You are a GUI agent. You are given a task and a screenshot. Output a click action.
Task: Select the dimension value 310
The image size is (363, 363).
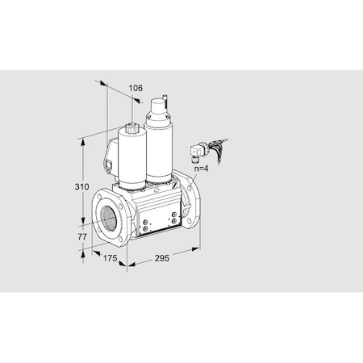click(71, 187)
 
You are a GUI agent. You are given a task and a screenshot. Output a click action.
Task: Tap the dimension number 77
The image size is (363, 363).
click(72, 238)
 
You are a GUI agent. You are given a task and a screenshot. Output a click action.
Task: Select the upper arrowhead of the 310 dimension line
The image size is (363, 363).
click(82, 138)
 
